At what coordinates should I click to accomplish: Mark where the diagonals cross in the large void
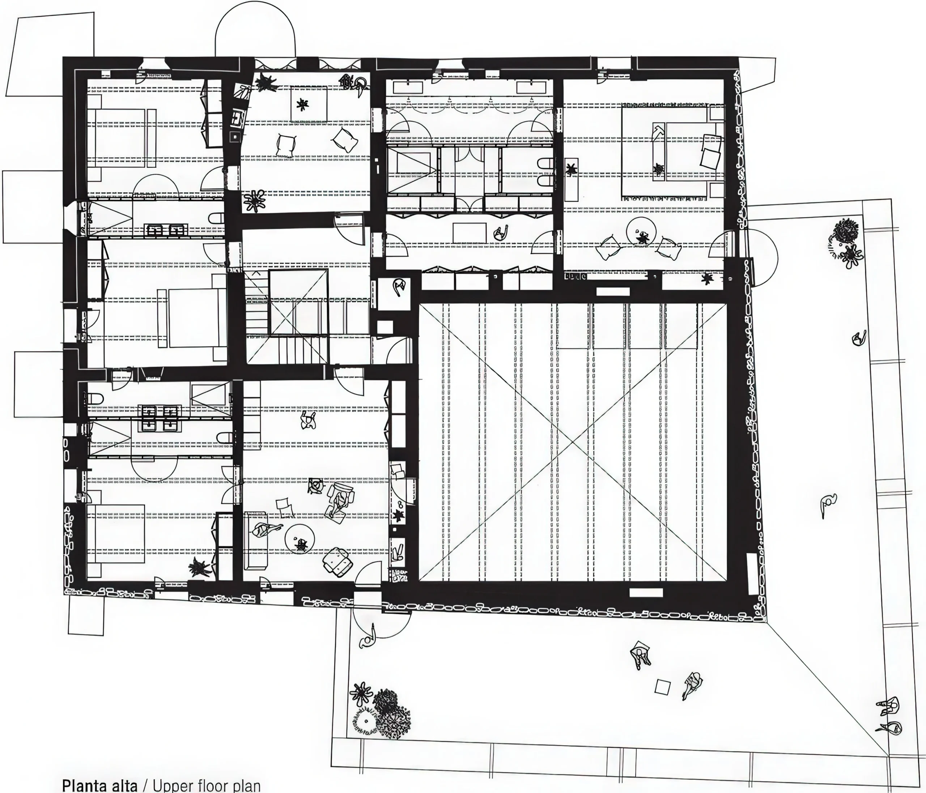[573, 442]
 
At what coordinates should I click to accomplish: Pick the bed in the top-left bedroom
[121, 138]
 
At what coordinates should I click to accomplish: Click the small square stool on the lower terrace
[662, 687]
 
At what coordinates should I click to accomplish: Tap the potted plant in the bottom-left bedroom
[199, 568]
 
